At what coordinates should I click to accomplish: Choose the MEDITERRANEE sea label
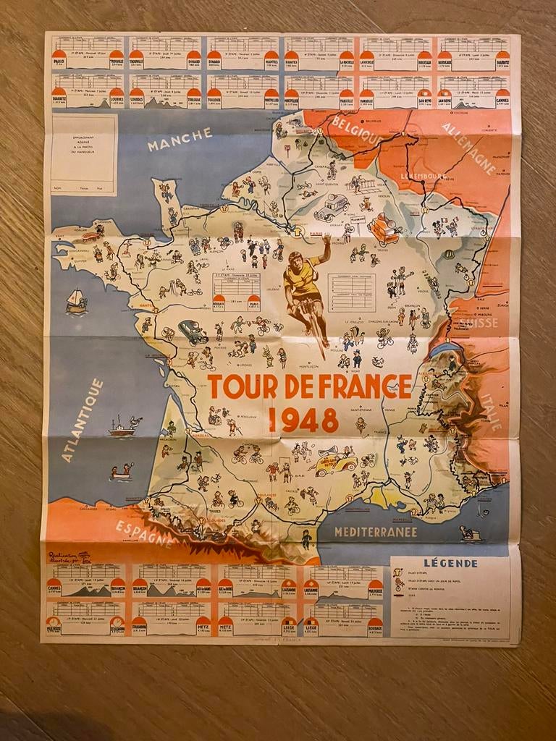(375, 532)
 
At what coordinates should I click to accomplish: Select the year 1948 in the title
(303, 420)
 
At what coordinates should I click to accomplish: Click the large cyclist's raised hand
(327, 240)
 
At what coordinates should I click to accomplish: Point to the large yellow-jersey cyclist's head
(295, 258)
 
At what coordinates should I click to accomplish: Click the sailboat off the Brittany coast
(75, 300)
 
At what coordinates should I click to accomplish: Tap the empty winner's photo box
(84, 154)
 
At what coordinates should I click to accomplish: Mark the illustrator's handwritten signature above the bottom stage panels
(68, 558)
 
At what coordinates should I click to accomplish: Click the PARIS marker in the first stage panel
(59, 62)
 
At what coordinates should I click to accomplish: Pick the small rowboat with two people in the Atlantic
(122, 472)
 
